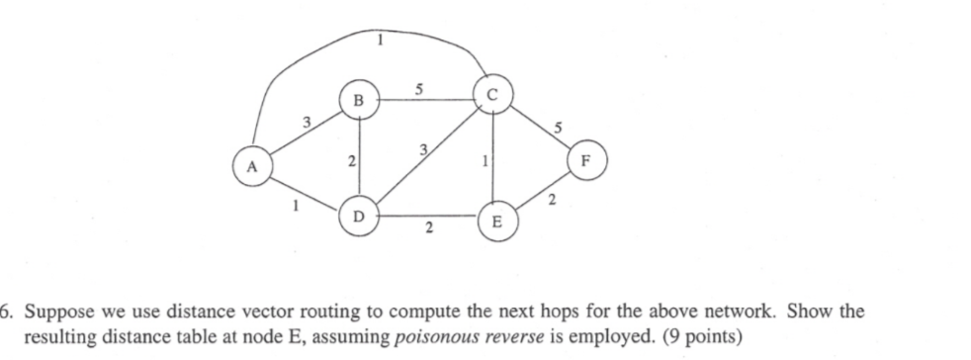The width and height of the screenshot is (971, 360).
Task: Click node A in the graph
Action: tap(252, 166)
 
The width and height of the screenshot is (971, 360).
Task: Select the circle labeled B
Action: tap(357, 100)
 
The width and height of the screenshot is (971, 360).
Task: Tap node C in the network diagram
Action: tap(492, 96)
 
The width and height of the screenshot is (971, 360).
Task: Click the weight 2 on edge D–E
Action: tap(427, 230)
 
